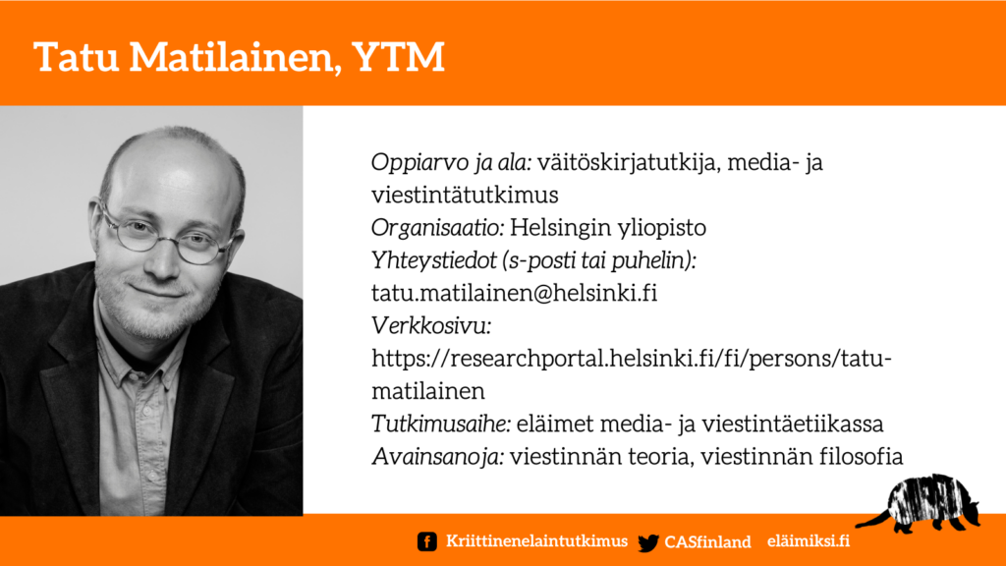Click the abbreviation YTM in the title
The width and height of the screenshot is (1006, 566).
[x=398, y=56]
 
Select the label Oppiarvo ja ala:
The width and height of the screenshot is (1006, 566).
[x=451, y=163]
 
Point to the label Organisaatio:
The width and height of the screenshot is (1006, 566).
[x=437, y=228]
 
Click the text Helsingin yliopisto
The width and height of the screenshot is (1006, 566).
[x=608, y=228]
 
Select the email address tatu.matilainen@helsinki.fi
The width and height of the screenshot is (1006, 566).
[x=515, y=293]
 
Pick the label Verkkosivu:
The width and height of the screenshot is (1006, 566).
[x=431, y=326]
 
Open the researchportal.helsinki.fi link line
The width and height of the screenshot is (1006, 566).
[x=632, y=359]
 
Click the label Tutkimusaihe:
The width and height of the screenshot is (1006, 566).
[x=441, y=424]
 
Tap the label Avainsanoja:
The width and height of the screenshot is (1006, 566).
[x=437, y=457]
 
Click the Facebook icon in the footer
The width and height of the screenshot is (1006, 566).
[x=426, y=541]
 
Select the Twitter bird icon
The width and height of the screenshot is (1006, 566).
[x=648, y=542]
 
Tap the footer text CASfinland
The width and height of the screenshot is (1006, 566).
[x=707, y=542]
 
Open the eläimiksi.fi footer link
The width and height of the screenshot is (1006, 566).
[x=809, y=541]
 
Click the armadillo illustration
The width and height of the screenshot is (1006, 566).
[x=923, y=504]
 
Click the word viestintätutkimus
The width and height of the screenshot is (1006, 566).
[x=465, y=196]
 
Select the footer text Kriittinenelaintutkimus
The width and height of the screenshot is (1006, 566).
[x=537, y=541]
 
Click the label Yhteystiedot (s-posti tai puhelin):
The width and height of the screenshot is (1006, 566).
[x=533, y=260]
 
